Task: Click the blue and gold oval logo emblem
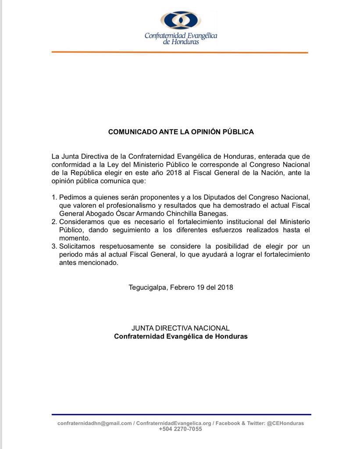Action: click(x=181, y=21)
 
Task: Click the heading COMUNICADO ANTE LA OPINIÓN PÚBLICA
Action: click(x=181, y=132)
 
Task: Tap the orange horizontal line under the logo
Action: click(x=180, y=52)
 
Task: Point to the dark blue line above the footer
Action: click(x=181, y=414)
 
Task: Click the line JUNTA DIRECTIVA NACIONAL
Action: click(x=181, y=328)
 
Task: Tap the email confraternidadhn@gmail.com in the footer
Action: click(x=94, y=423)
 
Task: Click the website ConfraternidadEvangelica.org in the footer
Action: click(x=174, y=423)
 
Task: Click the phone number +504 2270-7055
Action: click(x=181, y=429)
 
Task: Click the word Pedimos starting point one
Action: click(x=72, y=197)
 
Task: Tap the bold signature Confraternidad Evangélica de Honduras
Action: click(x=181, y=337)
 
